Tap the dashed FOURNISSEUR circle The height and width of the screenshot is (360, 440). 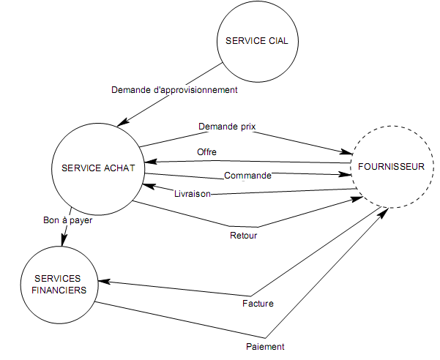point(392,166)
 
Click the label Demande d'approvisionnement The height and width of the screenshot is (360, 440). point(174,91)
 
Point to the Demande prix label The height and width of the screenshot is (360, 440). point(227,127)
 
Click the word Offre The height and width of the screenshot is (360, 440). point(206,151)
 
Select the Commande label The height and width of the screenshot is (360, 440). point(247,176)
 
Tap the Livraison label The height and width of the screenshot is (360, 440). point(193,194)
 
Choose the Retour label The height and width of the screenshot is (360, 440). point(243,236)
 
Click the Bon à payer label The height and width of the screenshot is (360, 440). point(68,220)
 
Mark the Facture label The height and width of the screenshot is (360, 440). point(257,303)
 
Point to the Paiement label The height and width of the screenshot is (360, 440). point(264,346)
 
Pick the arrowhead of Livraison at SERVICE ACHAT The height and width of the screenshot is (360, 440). point(147,187)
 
